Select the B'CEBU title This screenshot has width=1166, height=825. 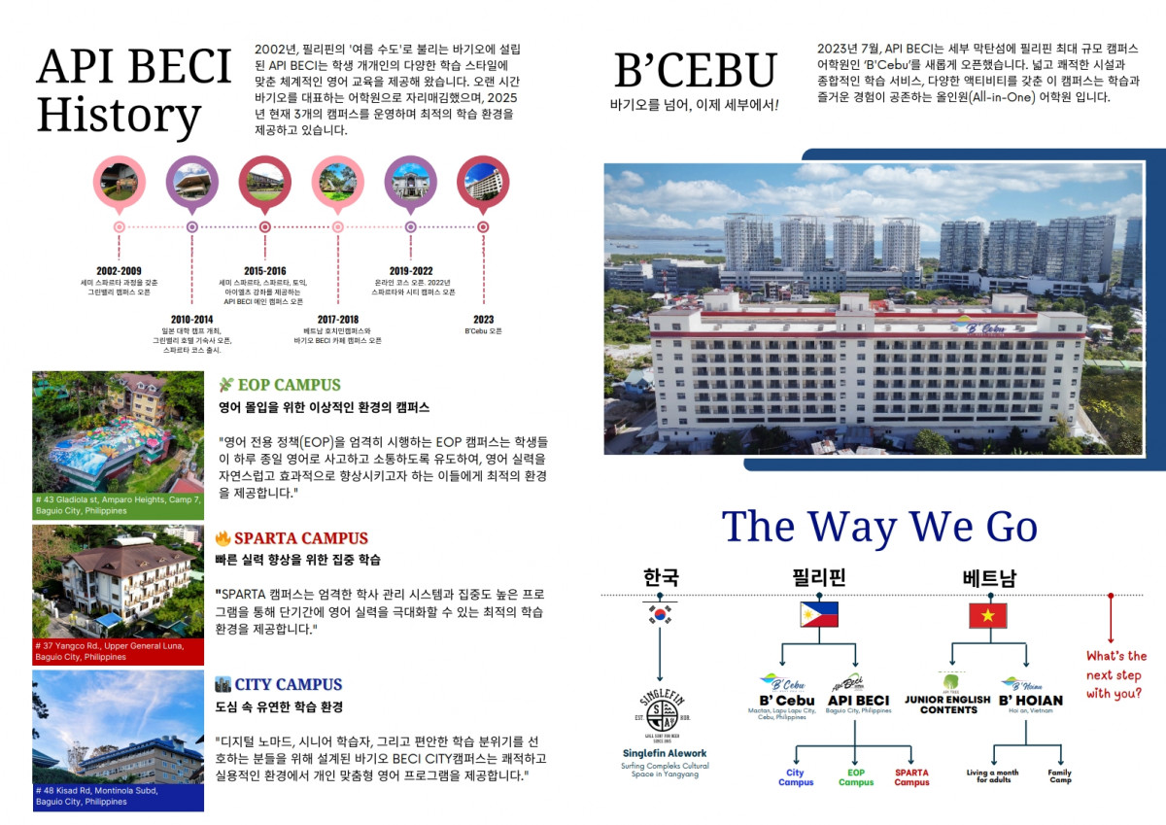click(x=696, y=70)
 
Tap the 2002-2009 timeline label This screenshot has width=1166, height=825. click(x=119, y=270)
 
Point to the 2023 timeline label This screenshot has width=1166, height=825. click(x=483, y=319)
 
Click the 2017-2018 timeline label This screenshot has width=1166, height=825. click(x=337, y=319)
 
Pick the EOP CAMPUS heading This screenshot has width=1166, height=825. click(x=289, y=385)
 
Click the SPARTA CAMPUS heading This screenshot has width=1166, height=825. click(x=300, y=538)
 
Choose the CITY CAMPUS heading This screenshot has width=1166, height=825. click(x=288, y=684)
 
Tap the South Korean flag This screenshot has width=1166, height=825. click(x=660, y=615)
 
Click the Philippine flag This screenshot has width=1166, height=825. click(x=818, y=615)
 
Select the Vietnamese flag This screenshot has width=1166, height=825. click(x=987, y=615)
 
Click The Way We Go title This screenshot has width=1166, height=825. click(x=879, y=527)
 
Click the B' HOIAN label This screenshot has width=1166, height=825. click(x=1030, y=700)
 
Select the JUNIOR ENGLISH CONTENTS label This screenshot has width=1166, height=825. click(x=947, y=705)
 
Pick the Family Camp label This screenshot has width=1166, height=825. click(x=1059, y=776)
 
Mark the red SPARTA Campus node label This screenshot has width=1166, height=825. click(x=911, y=777)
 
